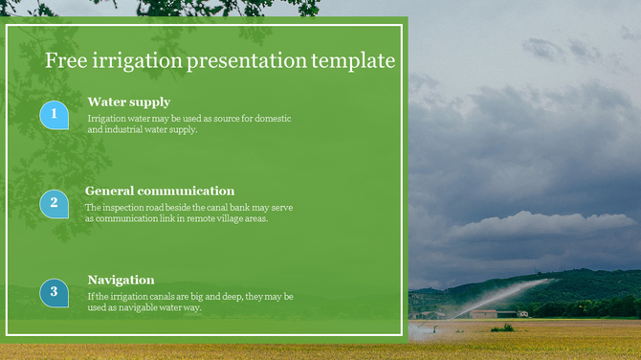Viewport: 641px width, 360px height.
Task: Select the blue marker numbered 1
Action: [54, 115]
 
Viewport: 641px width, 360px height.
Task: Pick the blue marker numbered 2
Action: [54, 203]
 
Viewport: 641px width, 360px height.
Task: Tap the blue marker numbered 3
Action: [54, 293]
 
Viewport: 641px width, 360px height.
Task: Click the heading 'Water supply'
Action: [128, 101]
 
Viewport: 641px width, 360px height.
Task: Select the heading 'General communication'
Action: [160, 191]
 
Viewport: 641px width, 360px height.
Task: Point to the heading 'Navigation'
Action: [121, 280]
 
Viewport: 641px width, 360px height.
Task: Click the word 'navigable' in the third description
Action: [135, 307]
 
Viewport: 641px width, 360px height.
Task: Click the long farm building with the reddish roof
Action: [483, 313]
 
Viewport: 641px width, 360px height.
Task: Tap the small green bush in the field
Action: [502, 327]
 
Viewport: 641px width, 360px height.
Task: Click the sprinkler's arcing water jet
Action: [507, 292]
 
